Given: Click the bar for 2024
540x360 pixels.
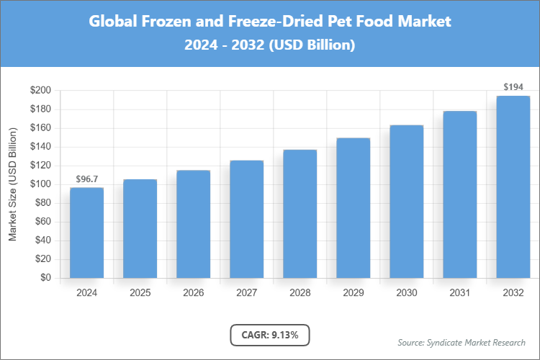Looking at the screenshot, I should tap(86, 233).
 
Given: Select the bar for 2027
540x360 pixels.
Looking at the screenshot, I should tap(246, 219).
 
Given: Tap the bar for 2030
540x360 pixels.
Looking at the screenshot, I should tap(406, 202).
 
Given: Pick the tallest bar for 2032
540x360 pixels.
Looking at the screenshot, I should tap(513, 187).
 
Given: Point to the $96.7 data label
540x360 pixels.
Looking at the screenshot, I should tap(86, 178).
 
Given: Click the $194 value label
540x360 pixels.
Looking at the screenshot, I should tap(513, 86).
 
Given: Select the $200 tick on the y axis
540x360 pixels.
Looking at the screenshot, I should tap(40, 91).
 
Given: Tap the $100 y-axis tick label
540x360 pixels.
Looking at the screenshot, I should tap(40, 184).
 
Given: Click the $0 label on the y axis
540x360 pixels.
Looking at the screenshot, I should tap(45, 278).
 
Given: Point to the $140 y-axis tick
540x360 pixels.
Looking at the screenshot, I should tap(40, 147).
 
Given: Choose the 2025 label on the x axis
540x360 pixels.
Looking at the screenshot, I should tap(140, 293).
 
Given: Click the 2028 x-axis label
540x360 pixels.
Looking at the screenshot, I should tap(300, 293).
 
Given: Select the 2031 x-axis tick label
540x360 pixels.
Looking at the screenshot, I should tap(459, 293).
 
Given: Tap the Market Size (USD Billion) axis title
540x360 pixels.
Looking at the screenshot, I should tap(12, 184).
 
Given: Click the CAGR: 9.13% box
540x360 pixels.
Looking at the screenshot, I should tap(270, 334).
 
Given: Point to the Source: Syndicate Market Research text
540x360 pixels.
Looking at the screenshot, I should tap(462, 342).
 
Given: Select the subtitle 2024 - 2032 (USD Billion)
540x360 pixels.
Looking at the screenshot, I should tap(270, 45).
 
